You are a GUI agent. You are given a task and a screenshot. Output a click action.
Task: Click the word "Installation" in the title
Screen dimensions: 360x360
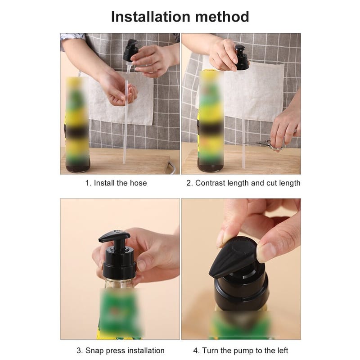pos(151,17)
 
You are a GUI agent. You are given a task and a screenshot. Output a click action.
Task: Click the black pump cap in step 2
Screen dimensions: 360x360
pos(242,58)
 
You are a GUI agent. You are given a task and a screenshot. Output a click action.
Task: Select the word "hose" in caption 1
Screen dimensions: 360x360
pos(138,183)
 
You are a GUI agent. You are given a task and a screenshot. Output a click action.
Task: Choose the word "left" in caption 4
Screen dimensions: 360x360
pos(283,351)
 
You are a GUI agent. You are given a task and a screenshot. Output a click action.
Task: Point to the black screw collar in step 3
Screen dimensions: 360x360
pos(119,270)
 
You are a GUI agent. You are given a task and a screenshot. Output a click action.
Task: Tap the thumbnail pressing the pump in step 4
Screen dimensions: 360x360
pos(266,252)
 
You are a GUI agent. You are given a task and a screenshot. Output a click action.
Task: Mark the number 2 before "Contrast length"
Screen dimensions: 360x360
pos(189,183)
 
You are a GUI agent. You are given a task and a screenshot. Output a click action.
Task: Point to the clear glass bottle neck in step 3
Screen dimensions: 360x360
pos(119,283)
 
